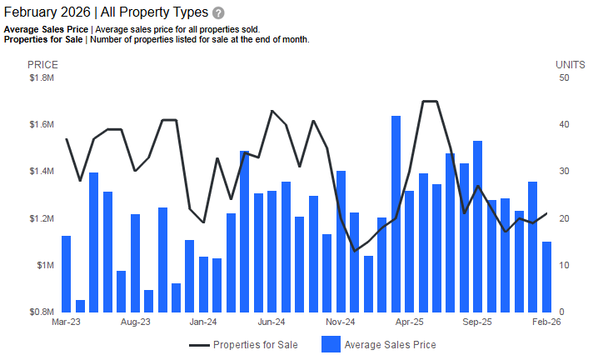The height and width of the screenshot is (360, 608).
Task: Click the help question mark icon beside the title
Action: [x=218, y=13]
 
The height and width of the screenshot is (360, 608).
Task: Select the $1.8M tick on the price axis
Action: [x=41, y=78]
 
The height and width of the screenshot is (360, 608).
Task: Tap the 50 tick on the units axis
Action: [x=564, y=78]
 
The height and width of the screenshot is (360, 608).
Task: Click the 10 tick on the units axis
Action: [x=564, y=266]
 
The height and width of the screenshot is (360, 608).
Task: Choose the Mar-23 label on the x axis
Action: [x=66, y=321]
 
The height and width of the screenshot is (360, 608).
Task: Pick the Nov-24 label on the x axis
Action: [x=340, y=321]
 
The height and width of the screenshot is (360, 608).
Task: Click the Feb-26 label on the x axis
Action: [x=546, y=321]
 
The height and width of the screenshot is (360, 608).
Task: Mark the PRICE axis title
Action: [x=42, y=65]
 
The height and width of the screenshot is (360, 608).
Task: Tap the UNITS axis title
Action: [x=570, y=65]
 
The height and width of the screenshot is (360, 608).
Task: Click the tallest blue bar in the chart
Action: [x=396, y=213]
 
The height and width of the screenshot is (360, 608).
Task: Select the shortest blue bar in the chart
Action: [x=80, y=306]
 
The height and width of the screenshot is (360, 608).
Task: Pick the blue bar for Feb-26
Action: [x=546, y=277]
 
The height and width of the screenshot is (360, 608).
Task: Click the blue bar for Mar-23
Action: [x=66, y=273]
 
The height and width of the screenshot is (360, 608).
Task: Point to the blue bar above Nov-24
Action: [x=341, y=241]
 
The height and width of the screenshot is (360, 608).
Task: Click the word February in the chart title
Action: [x=30, y=13]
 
